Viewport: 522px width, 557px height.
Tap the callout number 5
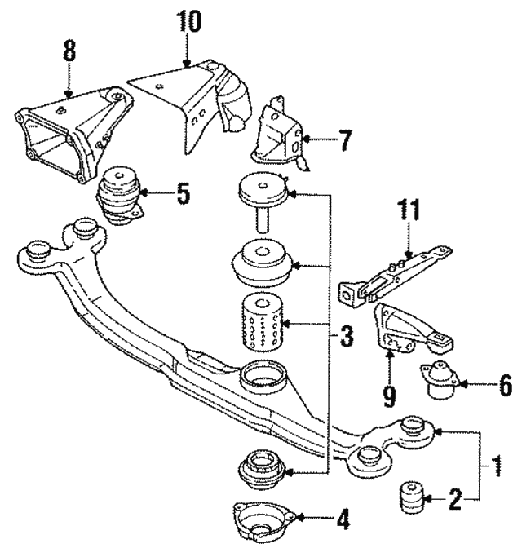coord(183,195)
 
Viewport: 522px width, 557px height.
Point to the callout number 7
coord(345,140)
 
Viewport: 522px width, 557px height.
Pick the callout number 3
coord(347,335)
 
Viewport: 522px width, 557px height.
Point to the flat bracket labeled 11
coord(391,269)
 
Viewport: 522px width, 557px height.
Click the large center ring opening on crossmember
coord(265,374)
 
